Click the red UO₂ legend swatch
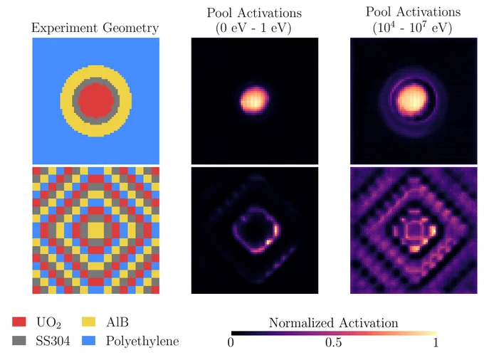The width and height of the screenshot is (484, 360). [x=19, y=322]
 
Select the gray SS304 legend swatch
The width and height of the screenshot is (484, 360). [x=19, y=340]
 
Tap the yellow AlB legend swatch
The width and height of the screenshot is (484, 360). [x=88, y=322]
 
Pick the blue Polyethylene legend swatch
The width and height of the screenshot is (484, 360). [x=88, y=340]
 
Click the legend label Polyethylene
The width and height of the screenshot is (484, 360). [x=142, y=342]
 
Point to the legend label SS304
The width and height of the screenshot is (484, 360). [x=53, y=341]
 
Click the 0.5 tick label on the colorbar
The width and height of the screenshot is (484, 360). [x=333, y=342]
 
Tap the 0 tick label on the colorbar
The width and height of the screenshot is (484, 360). [x=231, y=342]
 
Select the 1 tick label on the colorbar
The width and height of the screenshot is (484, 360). [x=436, y=342]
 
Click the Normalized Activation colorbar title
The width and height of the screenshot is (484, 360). [x=333, y=323]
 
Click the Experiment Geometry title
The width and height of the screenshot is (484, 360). [x=95, y=28]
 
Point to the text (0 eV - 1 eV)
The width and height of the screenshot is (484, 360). [x=253, y=28]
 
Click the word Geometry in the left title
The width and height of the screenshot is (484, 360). [x=130, y=28]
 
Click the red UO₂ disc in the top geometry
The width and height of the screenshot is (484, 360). [x=96, y=100]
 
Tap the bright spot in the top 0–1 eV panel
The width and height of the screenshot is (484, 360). [x=254, y=100]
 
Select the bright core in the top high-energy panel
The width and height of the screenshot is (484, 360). [x=412, y=100]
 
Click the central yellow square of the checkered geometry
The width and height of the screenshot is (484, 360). [x=96, y=231]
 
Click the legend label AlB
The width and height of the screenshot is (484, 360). [x=117, y=322]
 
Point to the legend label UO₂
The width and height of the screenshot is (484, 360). [x=48, y=322]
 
